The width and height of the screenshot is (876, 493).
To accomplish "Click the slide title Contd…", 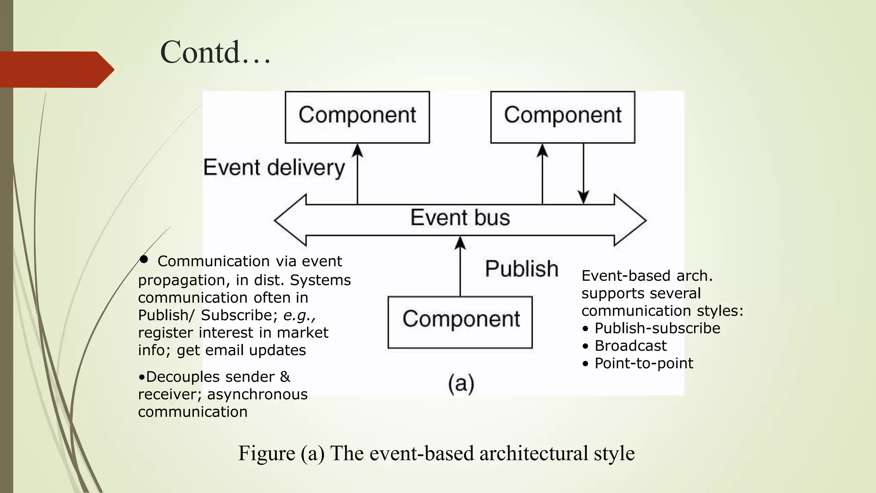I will (215, 52).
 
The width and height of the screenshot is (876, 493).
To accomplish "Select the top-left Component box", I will (357, 117).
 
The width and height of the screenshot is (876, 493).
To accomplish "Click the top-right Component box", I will (562, 117).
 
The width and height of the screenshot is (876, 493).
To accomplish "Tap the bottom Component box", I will (460, 322).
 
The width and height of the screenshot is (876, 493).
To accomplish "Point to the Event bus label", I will (460, 217).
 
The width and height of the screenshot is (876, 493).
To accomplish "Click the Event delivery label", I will (274, 167).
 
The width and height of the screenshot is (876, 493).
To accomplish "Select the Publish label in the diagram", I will (521, 269).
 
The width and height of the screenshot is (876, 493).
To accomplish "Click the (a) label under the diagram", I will (461, 383).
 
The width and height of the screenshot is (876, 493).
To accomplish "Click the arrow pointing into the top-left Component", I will (357, 174).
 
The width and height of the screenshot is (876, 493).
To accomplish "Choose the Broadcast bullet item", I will (630, 346).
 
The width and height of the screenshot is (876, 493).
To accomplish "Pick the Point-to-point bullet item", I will (644, 363).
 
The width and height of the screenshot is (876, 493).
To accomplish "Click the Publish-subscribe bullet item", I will (657, 328).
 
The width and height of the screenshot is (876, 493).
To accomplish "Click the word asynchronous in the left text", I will (257, 394).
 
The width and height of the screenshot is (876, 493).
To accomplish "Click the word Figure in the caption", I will (266, 453).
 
